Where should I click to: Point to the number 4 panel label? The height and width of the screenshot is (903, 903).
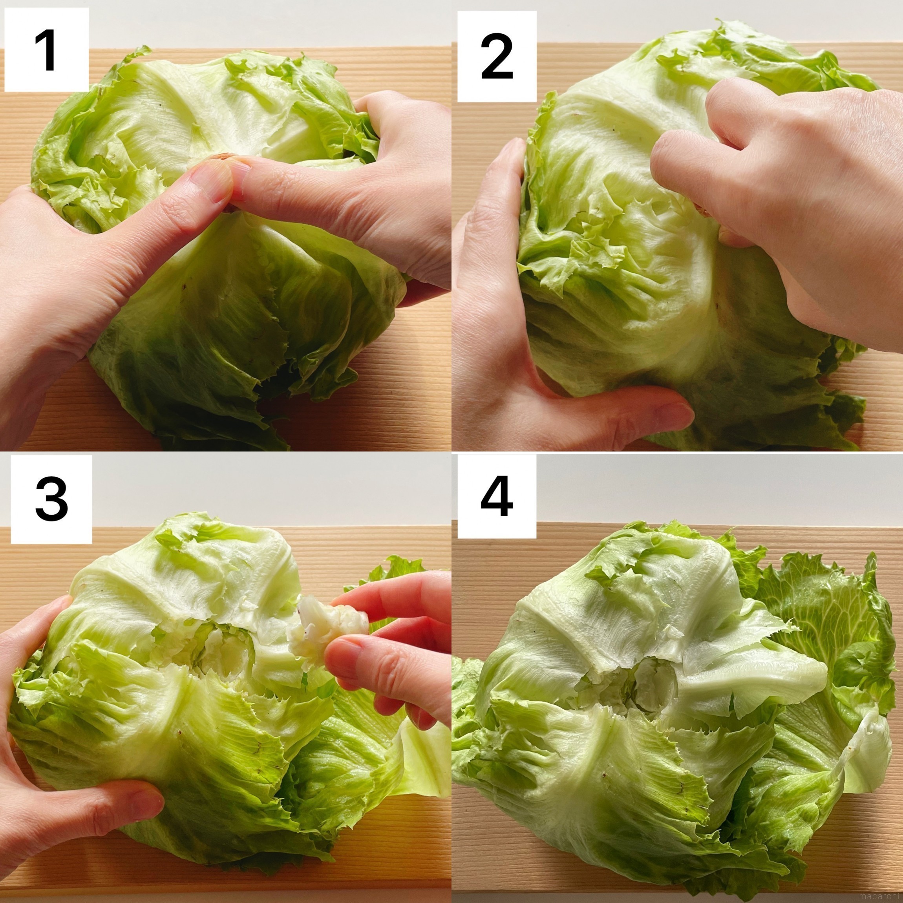(497, 497)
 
